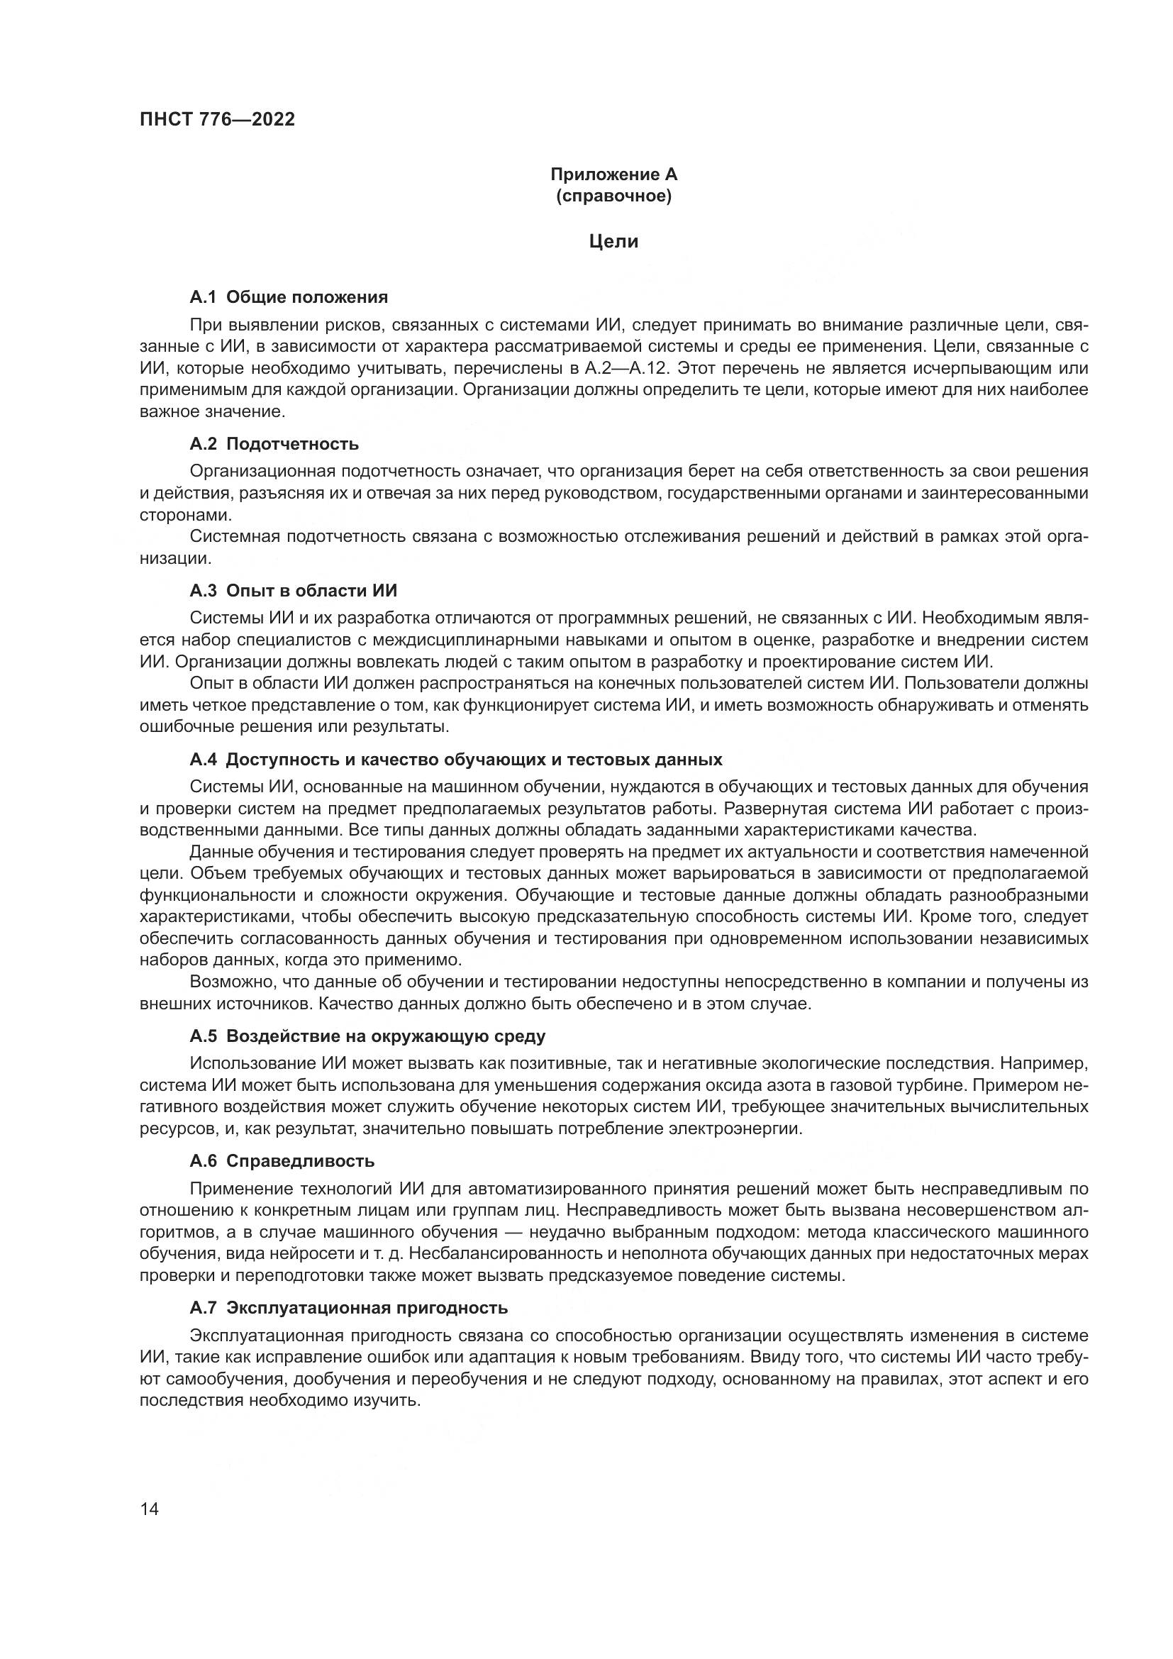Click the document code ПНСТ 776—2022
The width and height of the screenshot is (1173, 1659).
218,119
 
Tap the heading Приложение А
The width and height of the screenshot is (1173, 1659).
613,174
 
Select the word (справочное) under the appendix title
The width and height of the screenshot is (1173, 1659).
613,196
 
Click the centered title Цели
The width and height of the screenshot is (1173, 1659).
613,241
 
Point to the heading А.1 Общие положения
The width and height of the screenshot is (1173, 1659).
288,297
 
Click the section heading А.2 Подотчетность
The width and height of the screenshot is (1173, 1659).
274,443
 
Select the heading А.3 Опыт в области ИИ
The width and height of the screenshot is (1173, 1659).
294,590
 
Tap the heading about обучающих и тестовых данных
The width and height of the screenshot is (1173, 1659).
456,760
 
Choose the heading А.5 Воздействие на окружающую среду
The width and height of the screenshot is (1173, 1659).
367,1036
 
